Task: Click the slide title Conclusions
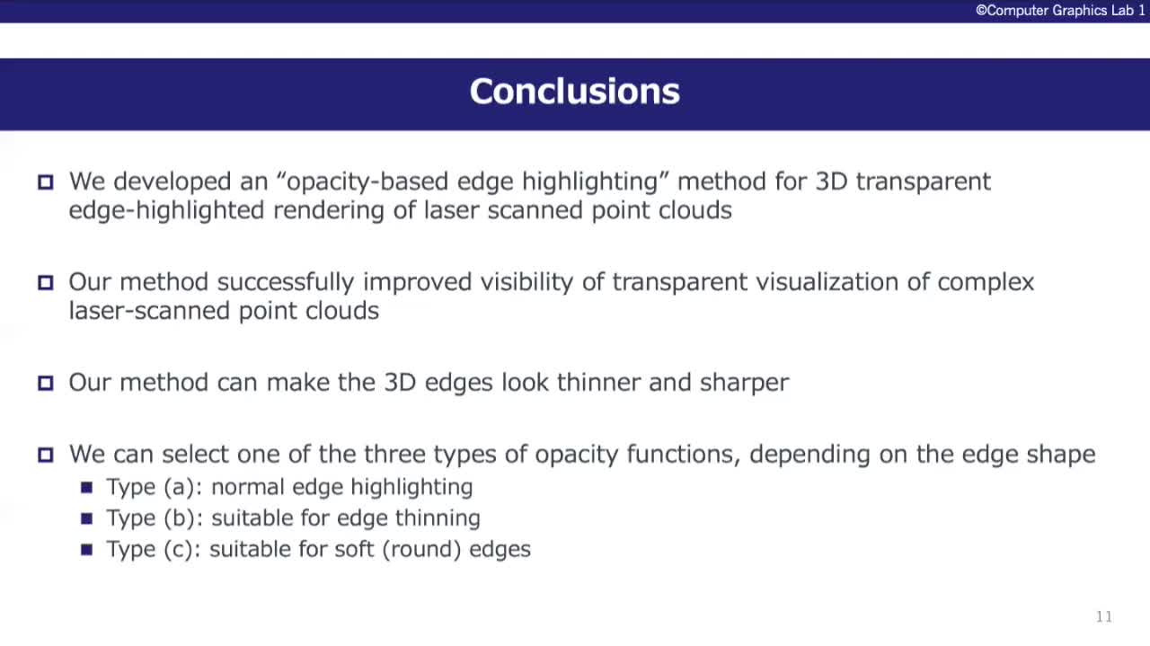coord(574,92)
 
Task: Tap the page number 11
coord(1104,616)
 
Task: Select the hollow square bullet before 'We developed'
coord(46,182)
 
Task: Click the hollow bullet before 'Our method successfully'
coord(46,282)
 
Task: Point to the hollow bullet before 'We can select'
coord(46,455)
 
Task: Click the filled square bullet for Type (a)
coord(87,487)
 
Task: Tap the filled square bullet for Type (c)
coord(87,550)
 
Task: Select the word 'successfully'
coord(286,283)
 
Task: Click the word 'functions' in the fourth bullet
coord(684,455)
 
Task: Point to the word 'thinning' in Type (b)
coord(438,518)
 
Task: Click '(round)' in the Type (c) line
coord(421,550)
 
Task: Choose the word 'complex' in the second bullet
coord(986,283)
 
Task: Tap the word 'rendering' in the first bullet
coord(329,211)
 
